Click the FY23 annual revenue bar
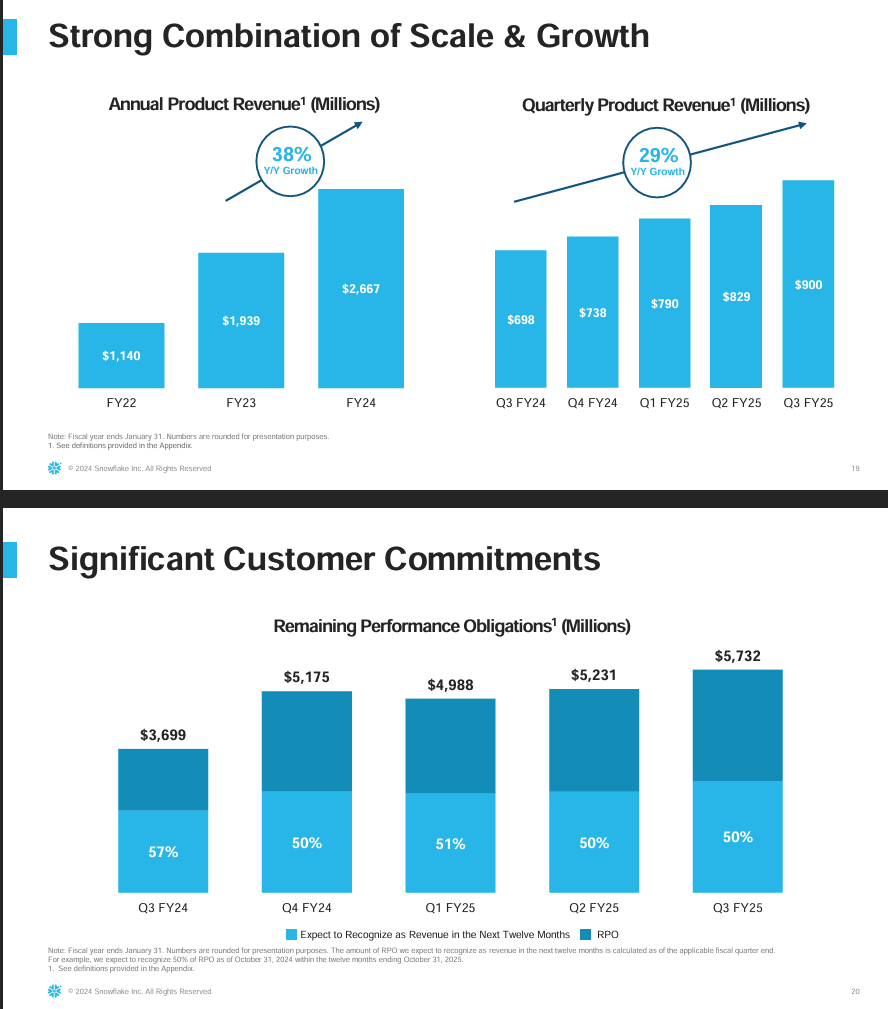[241, 320]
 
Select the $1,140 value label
[121, 355]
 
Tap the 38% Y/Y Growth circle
[291, 160]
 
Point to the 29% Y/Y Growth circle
[658, 160]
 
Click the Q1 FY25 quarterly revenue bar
[664, 303]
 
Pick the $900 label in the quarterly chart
[808, 285]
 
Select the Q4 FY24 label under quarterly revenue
[592, 403]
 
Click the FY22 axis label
[121, 403]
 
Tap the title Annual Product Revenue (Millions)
[244, 104]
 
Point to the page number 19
[855, 468]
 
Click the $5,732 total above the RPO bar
[737, 656]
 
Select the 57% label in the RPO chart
[163, 852]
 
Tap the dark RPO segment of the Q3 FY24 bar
[163, 779]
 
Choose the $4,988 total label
[450, 685]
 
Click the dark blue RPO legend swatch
[586, 934]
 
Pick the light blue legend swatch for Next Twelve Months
[292, 934]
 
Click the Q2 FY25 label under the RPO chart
[594, 908]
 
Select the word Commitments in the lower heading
[480, 559]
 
